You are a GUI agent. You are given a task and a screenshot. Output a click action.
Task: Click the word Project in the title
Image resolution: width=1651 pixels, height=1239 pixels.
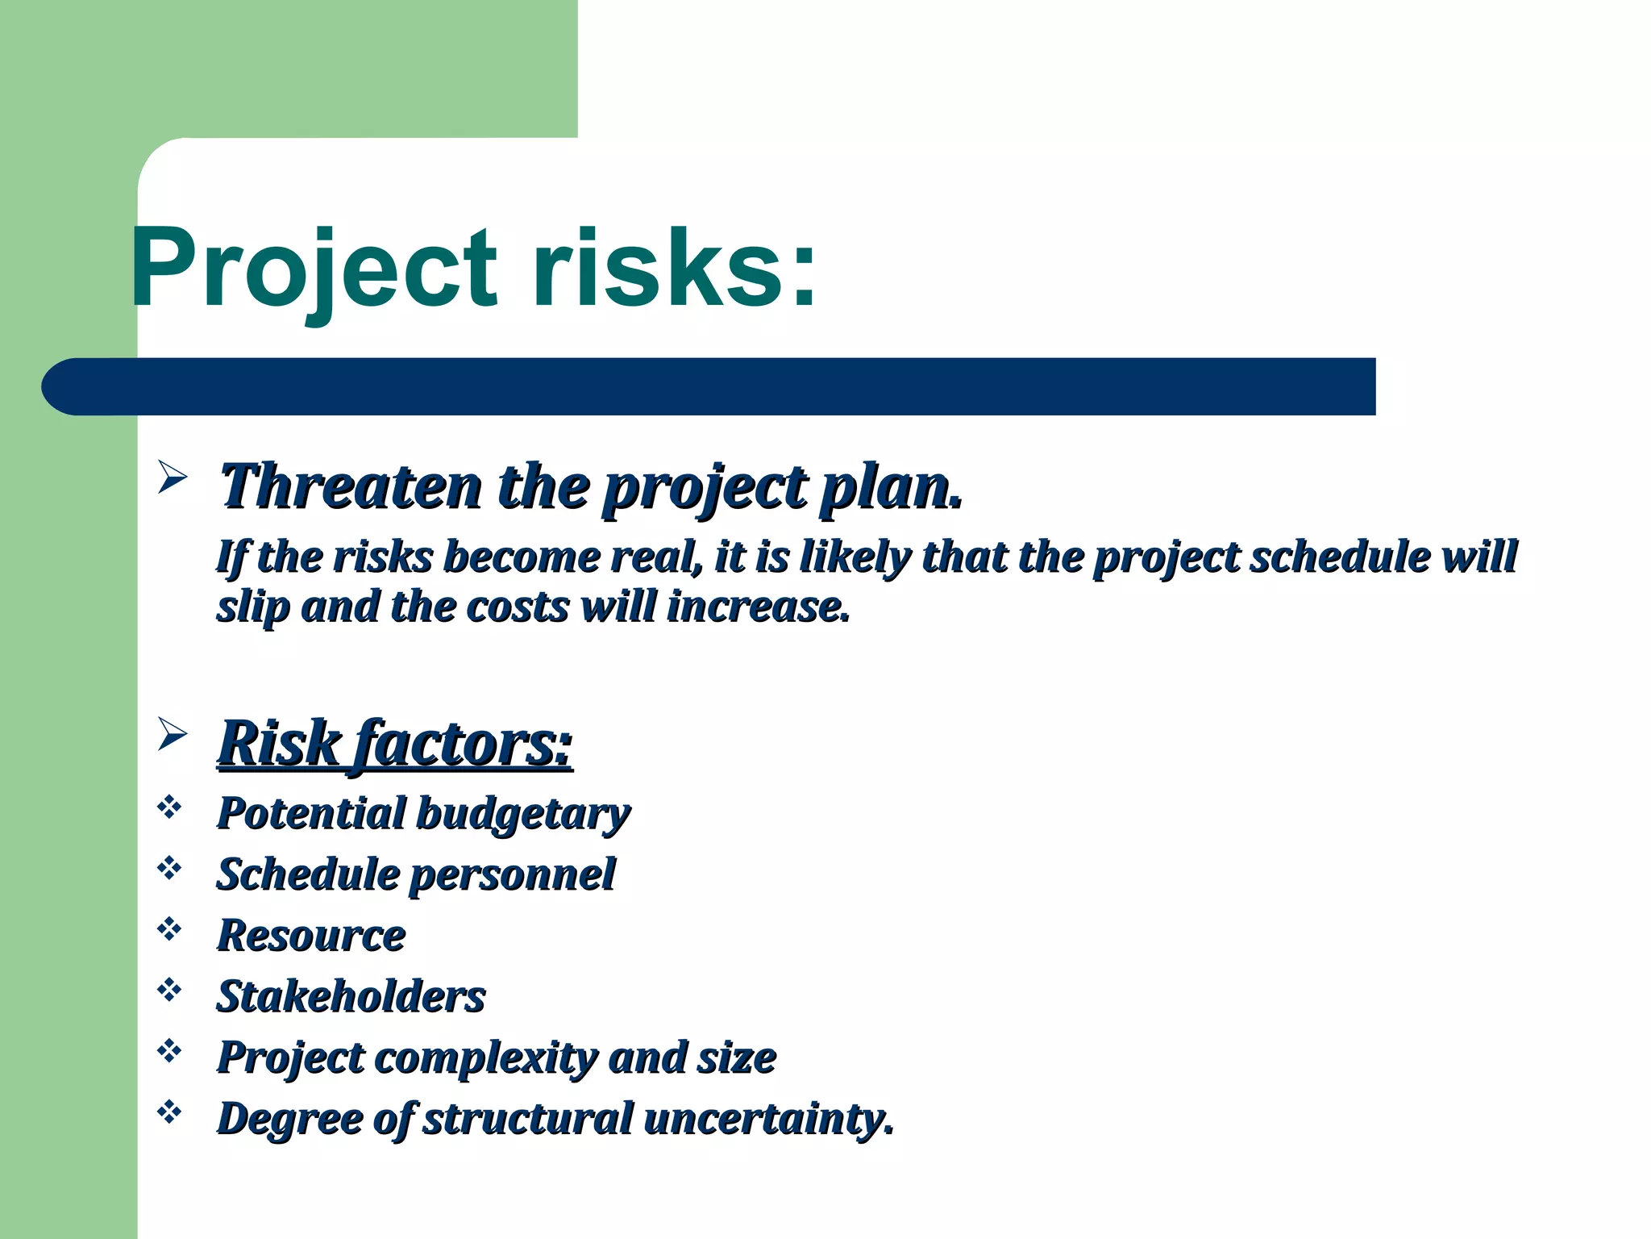pyautogui.click(x=314, y=270)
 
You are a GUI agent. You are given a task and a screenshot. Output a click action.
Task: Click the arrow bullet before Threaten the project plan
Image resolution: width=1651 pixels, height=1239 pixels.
pyautogui.click(x=172, y=478)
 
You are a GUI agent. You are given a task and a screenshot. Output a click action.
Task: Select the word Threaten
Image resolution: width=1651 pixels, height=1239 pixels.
pyautogui.click(x=351, y=487)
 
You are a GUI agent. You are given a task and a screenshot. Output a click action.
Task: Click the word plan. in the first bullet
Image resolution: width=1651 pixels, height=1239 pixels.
pyautogui.click(x=890, y=489)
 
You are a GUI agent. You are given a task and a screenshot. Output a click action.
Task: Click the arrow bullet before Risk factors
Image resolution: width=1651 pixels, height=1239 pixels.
pyautogui.click(x=172, y=734)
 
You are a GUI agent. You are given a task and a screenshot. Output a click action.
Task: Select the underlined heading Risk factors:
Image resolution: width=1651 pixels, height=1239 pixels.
pyautogui.click(x=395, y=744)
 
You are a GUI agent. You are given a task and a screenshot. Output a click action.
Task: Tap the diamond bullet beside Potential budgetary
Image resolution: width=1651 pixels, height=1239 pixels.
pyautogui.click(x=169, y=807)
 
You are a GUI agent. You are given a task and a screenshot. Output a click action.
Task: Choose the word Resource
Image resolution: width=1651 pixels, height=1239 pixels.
pyautogui.click(x=311, y=936)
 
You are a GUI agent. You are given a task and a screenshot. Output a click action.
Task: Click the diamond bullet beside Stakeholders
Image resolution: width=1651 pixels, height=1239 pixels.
pyautogui.click(x=169, y=990)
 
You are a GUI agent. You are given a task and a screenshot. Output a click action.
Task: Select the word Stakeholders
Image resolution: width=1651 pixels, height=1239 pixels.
pyautogui.click(x=351, y=997)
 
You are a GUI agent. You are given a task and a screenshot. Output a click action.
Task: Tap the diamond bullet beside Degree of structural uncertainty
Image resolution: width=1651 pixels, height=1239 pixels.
pyautogui.click(x=169, y=1112)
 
